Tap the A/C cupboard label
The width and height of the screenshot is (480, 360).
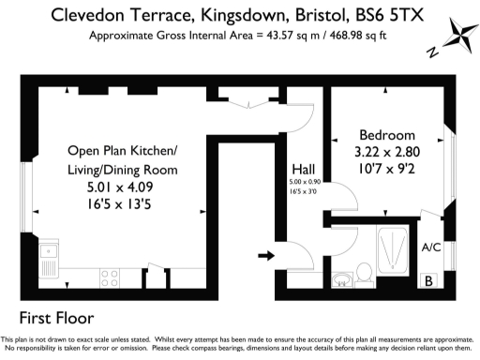click(x=431, y=247)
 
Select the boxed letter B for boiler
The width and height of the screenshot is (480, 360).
click(x=429, y=280)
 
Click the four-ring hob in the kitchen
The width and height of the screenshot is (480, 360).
click(x=109, y=277)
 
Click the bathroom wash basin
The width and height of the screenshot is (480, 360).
click(x=343, y=276)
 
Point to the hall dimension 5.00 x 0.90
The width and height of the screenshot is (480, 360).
click(x=304, y=181)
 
